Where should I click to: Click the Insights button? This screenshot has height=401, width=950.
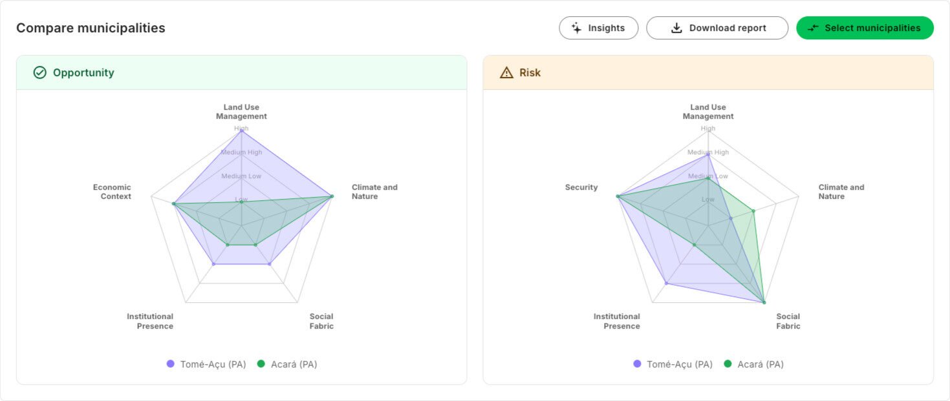tap(598, 28)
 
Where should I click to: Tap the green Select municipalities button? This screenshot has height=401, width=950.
tap(865, 28)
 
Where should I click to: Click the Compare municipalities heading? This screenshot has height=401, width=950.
tap(91, 28)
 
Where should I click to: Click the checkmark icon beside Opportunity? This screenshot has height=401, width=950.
tap(40, 72)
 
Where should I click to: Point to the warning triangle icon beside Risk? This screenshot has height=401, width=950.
tap(506, 72)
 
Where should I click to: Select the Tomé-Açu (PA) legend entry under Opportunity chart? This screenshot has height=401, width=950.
tap(206, 364)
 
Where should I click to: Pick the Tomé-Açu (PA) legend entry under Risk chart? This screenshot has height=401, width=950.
tap(673, 364)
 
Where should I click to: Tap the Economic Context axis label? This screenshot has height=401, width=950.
tap(112, 192)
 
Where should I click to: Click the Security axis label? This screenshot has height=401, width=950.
tap(581, 187)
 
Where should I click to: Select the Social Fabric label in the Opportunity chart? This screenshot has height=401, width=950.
tap(321, 321)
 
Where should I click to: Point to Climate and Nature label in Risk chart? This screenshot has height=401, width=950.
tap(841, 192)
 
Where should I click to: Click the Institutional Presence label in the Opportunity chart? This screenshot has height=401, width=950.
tap(150, 321)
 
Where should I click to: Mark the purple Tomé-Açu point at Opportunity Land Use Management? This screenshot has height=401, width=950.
tap(241, 129)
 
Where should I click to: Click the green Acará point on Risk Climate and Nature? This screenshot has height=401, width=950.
tap(753, 211)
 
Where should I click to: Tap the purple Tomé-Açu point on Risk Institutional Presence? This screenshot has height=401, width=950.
tap(666, 283)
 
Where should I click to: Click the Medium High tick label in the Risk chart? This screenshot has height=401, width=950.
tap(708, 152)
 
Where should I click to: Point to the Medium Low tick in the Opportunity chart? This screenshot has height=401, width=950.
tap(241, 176)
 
